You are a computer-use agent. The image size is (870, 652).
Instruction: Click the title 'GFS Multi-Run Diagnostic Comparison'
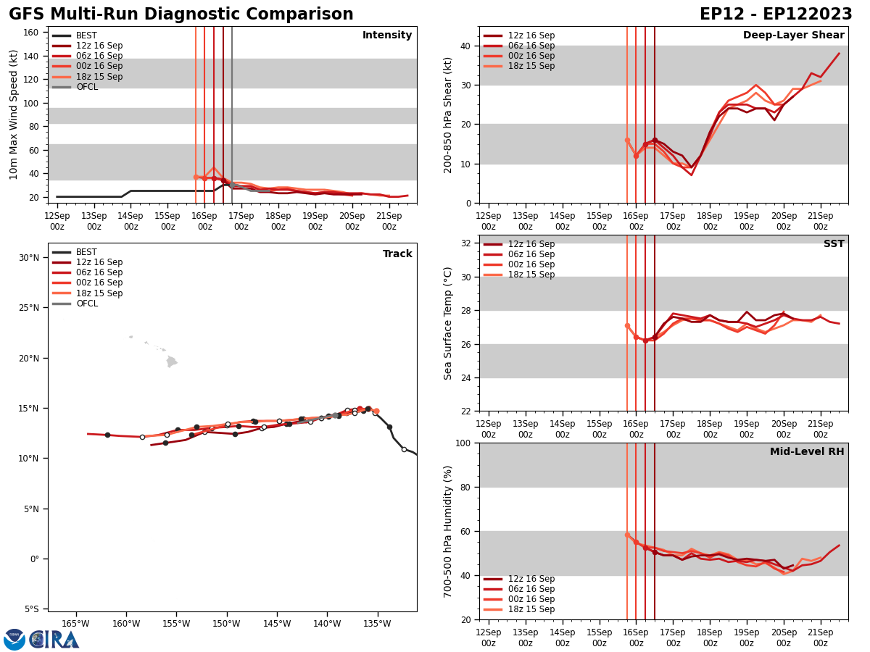pos(181,14)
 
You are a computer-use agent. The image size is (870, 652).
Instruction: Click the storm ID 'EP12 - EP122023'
pos(776,14)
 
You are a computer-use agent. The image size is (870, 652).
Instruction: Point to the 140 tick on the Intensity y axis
pos(32,56)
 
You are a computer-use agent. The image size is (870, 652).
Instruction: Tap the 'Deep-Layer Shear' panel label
pos(793,35)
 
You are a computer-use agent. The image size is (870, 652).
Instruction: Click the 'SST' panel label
pos(834,244)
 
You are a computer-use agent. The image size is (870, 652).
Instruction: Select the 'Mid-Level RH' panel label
pos(807,452)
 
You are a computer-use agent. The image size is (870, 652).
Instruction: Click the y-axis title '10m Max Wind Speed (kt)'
pos(14,114)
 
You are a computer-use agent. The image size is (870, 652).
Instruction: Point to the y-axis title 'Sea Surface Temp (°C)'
pos(448,323)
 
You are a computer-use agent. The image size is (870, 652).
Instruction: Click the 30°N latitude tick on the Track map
pos(29,257)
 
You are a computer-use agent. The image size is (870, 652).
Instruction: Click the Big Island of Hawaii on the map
pos(171,361)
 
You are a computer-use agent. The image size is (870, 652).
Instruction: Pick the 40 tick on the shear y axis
pos(465,46)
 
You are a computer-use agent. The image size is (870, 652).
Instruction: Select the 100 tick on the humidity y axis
pos(462,443)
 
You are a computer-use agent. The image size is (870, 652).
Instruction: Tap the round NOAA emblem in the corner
pos(14,639)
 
